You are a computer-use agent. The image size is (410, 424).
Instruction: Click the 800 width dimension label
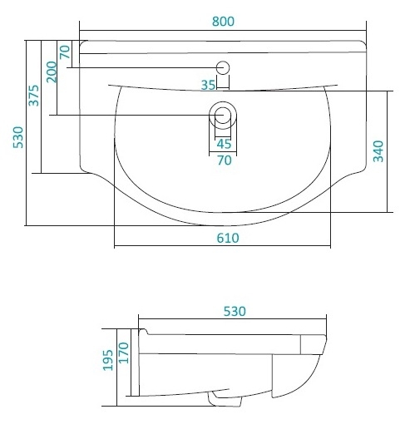223,22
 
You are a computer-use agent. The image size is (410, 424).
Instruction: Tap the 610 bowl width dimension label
228,238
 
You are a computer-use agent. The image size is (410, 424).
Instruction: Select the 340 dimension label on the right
378,151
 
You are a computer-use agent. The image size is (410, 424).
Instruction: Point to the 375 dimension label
34,96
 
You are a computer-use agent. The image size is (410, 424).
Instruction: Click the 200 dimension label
52,72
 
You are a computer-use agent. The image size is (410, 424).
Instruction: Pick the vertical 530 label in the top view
18,137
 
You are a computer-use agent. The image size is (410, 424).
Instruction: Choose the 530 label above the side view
235,312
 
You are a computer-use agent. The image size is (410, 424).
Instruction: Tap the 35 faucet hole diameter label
208,85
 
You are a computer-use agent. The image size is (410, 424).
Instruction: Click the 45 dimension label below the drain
224,144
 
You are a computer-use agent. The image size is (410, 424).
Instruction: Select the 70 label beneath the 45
225,160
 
